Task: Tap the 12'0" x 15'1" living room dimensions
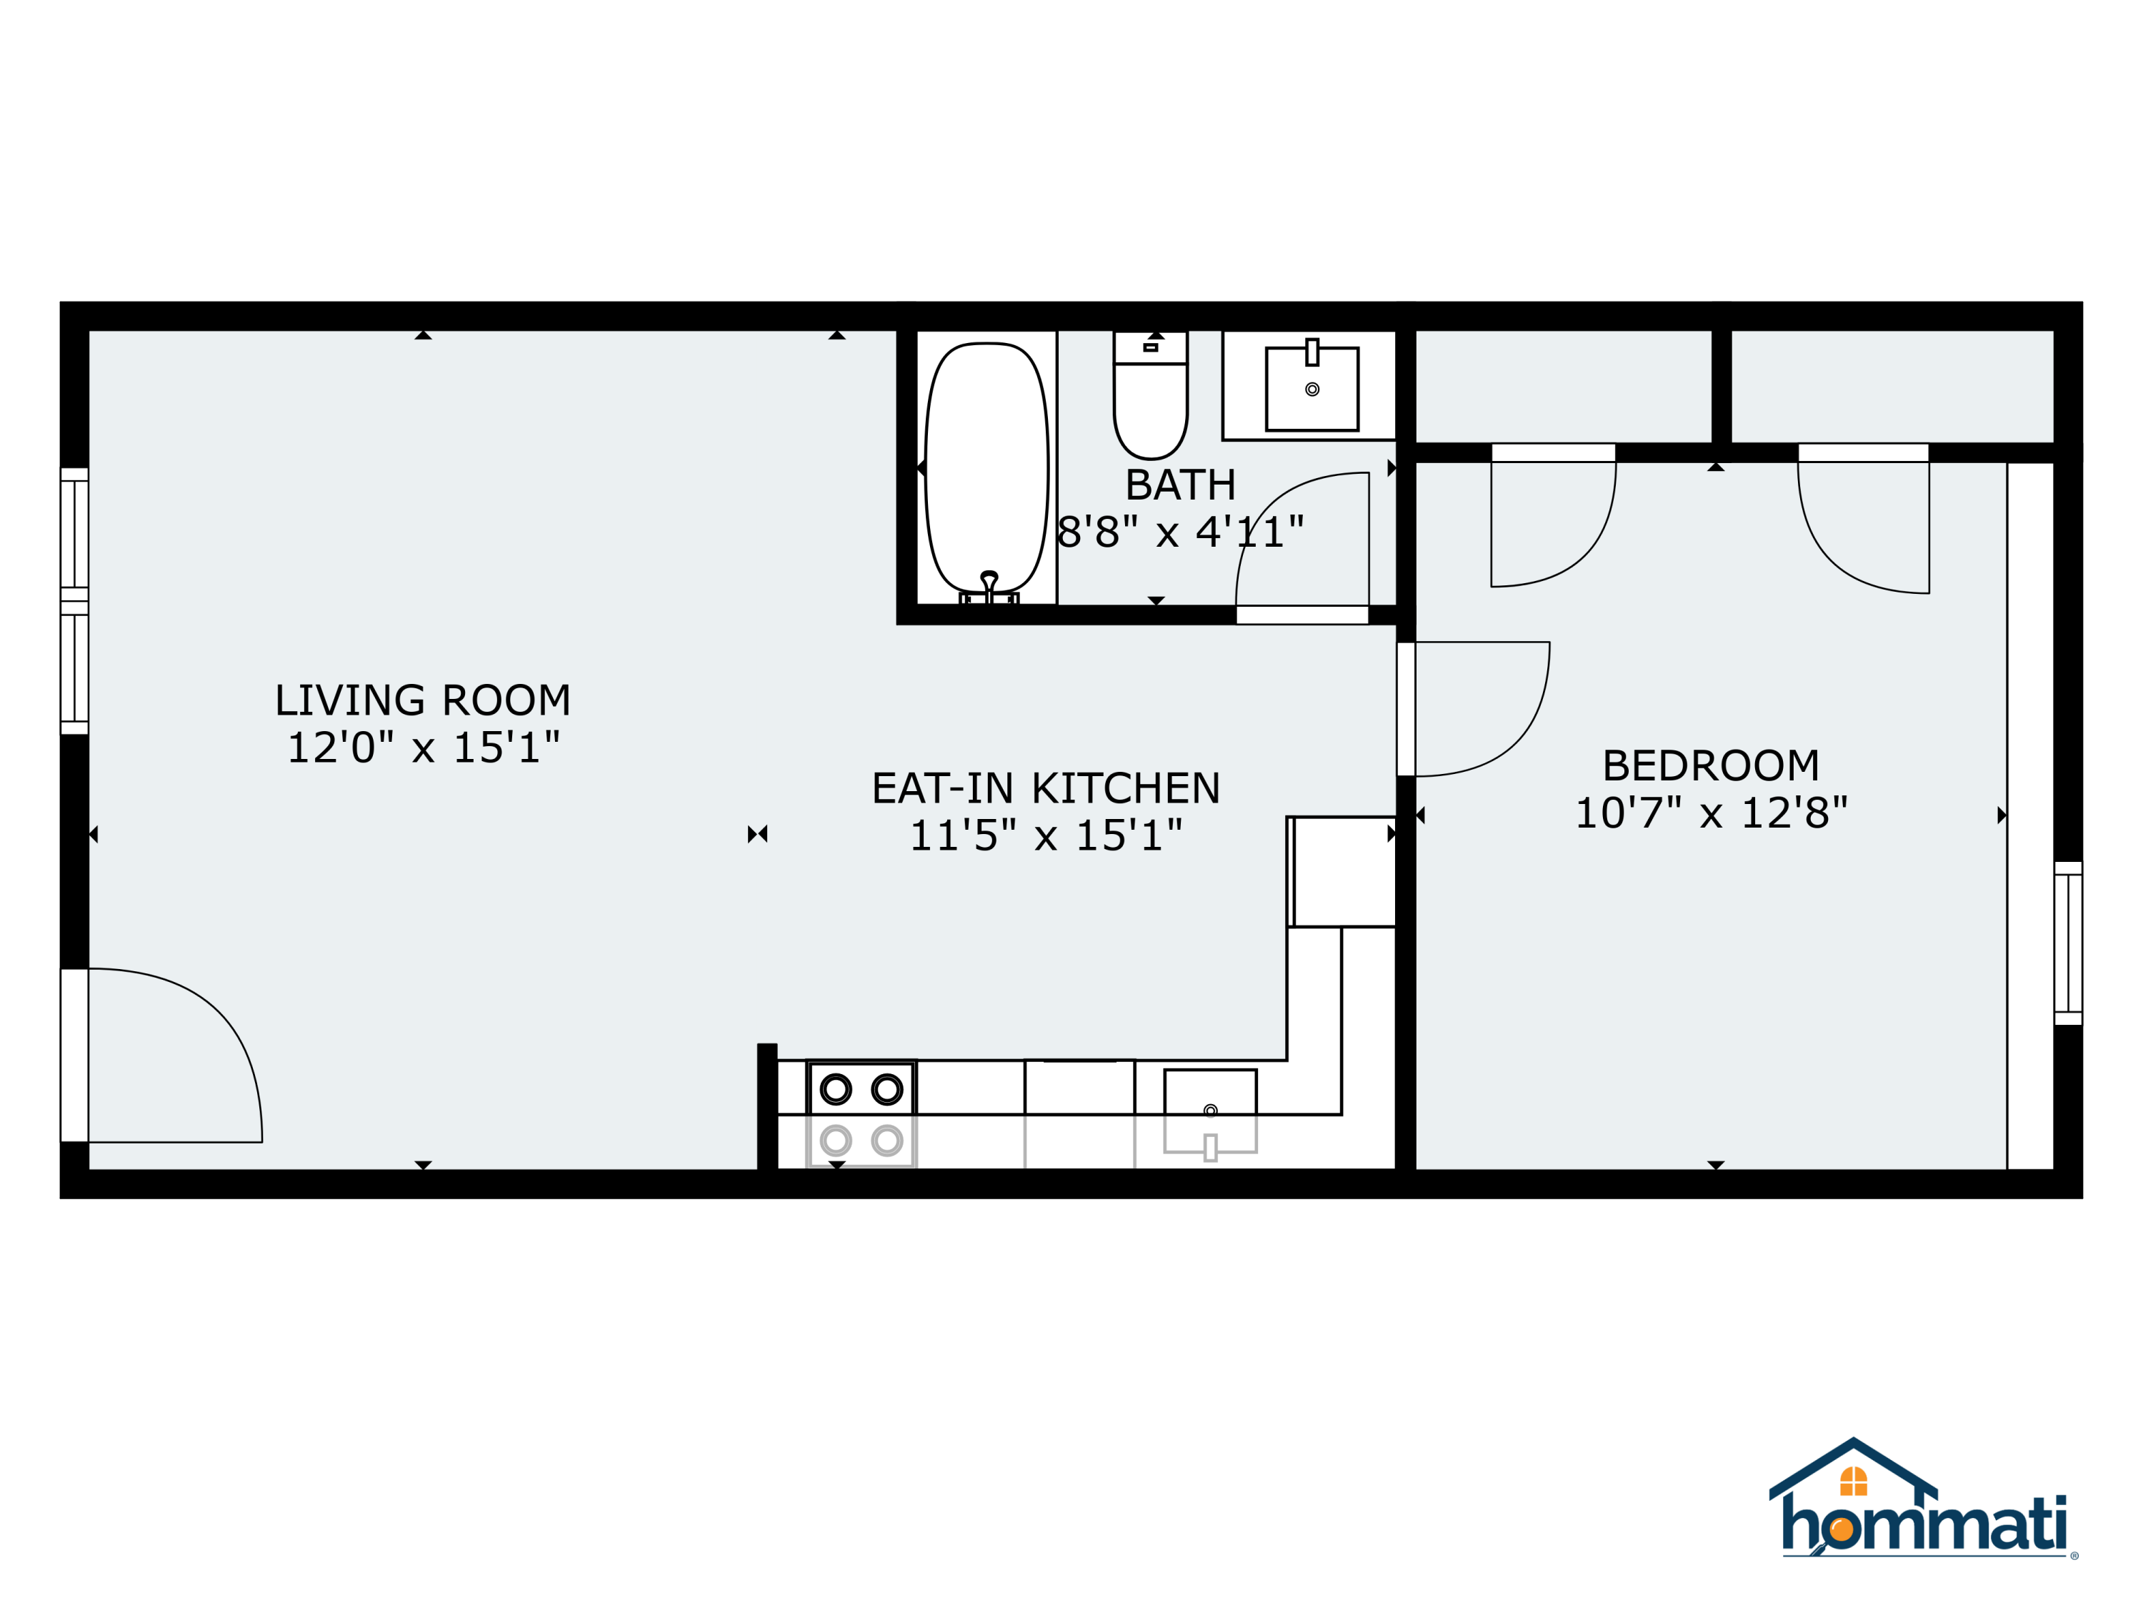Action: point(424,748)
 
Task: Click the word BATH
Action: point(1180,485)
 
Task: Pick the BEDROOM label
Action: point(1711,765)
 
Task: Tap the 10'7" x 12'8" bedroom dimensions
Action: point(1711,813)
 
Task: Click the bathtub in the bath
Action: point(986,468)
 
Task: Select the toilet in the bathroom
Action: point(1150,394)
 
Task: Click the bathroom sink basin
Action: point(1312,389)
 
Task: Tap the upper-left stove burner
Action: point(835,1089)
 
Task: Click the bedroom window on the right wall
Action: point(2069,943)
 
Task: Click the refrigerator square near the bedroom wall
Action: point(1343,871)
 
